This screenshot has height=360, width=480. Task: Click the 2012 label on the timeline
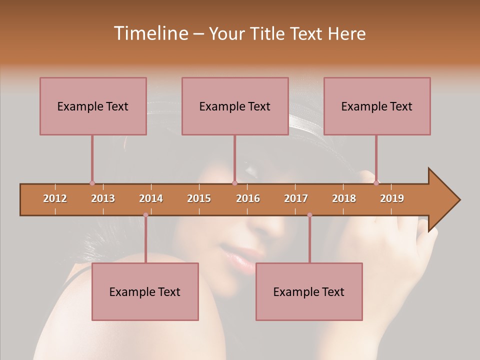pos(55,198)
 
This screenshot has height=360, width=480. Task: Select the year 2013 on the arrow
pos(103,198)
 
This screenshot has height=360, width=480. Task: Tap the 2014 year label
pos(151,198)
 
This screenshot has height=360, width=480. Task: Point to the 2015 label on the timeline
pos(199,198)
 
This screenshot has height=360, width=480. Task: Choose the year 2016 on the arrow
pos(248,198)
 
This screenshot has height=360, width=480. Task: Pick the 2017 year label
pos(296,198)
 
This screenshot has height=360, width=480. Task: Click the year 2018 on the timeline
pos(344,198)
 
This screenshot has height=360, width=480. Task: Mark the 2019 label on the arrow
pos(392,198)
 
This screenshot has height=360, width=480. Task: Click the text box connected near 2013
pos(93,106)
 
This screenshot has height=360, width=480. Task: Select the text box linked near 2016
pos(235,106)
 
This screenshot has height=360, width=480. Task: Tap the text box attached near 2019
pos(377,106)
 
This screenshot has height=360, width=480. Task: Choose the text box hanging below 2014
pos(145,291)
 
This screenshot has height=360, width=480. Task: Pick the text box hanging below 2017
pos(309,291)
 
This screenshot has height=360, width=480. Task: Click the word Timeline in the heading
pos(150,33)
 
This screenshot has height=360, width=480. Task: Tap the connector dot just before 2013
pos(92,183)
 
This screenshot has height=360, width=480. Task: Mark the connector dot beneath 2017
pos(309,215)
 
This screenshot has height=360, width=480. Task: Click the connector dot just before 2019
pos(376,183)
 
